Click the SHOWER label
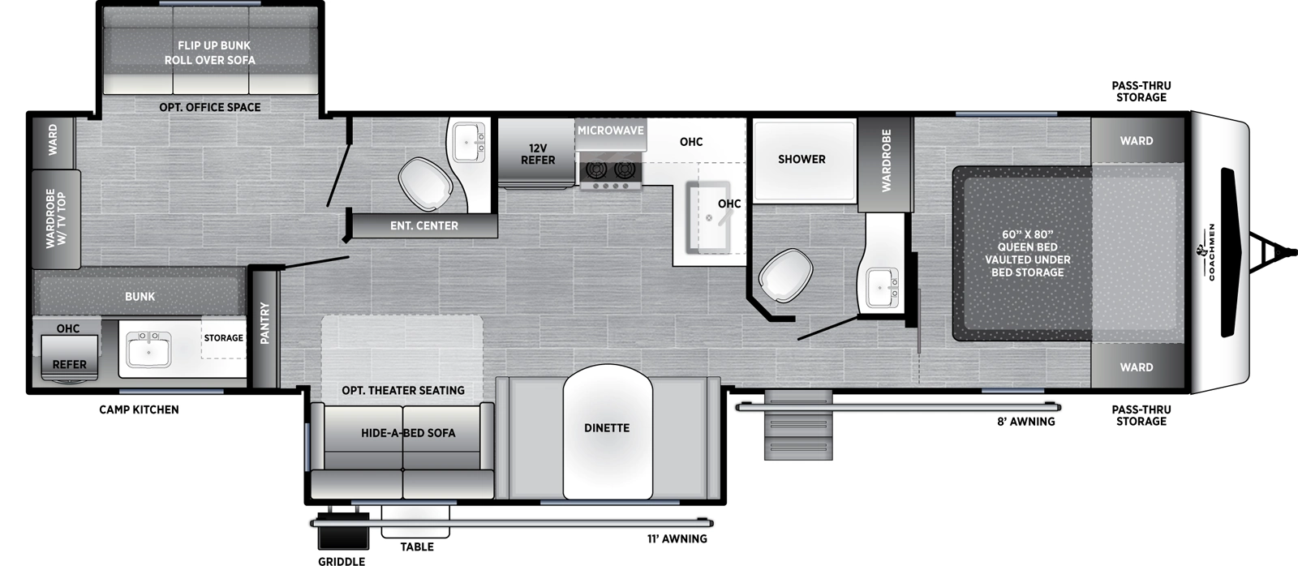pos(802,159)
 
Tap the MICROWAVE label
pos(610,131)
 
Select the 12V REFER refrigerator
pos(537,154)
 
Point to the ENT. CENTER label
pos(423,225)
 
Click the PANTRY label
pos(264,323)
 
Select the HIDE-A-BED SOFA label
pos(408,433)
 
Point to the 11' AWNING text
pos(677,538)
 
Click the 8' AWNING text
pos(1025,422)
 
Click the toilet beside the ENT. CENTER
pos(425,183)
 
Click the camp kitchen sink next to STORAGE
pos(148,349)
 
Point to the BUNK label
pos(140,297)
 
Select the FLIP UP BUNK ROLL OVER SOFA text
pos(210,53)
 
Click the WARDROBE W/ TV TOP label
pos(56,219)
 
